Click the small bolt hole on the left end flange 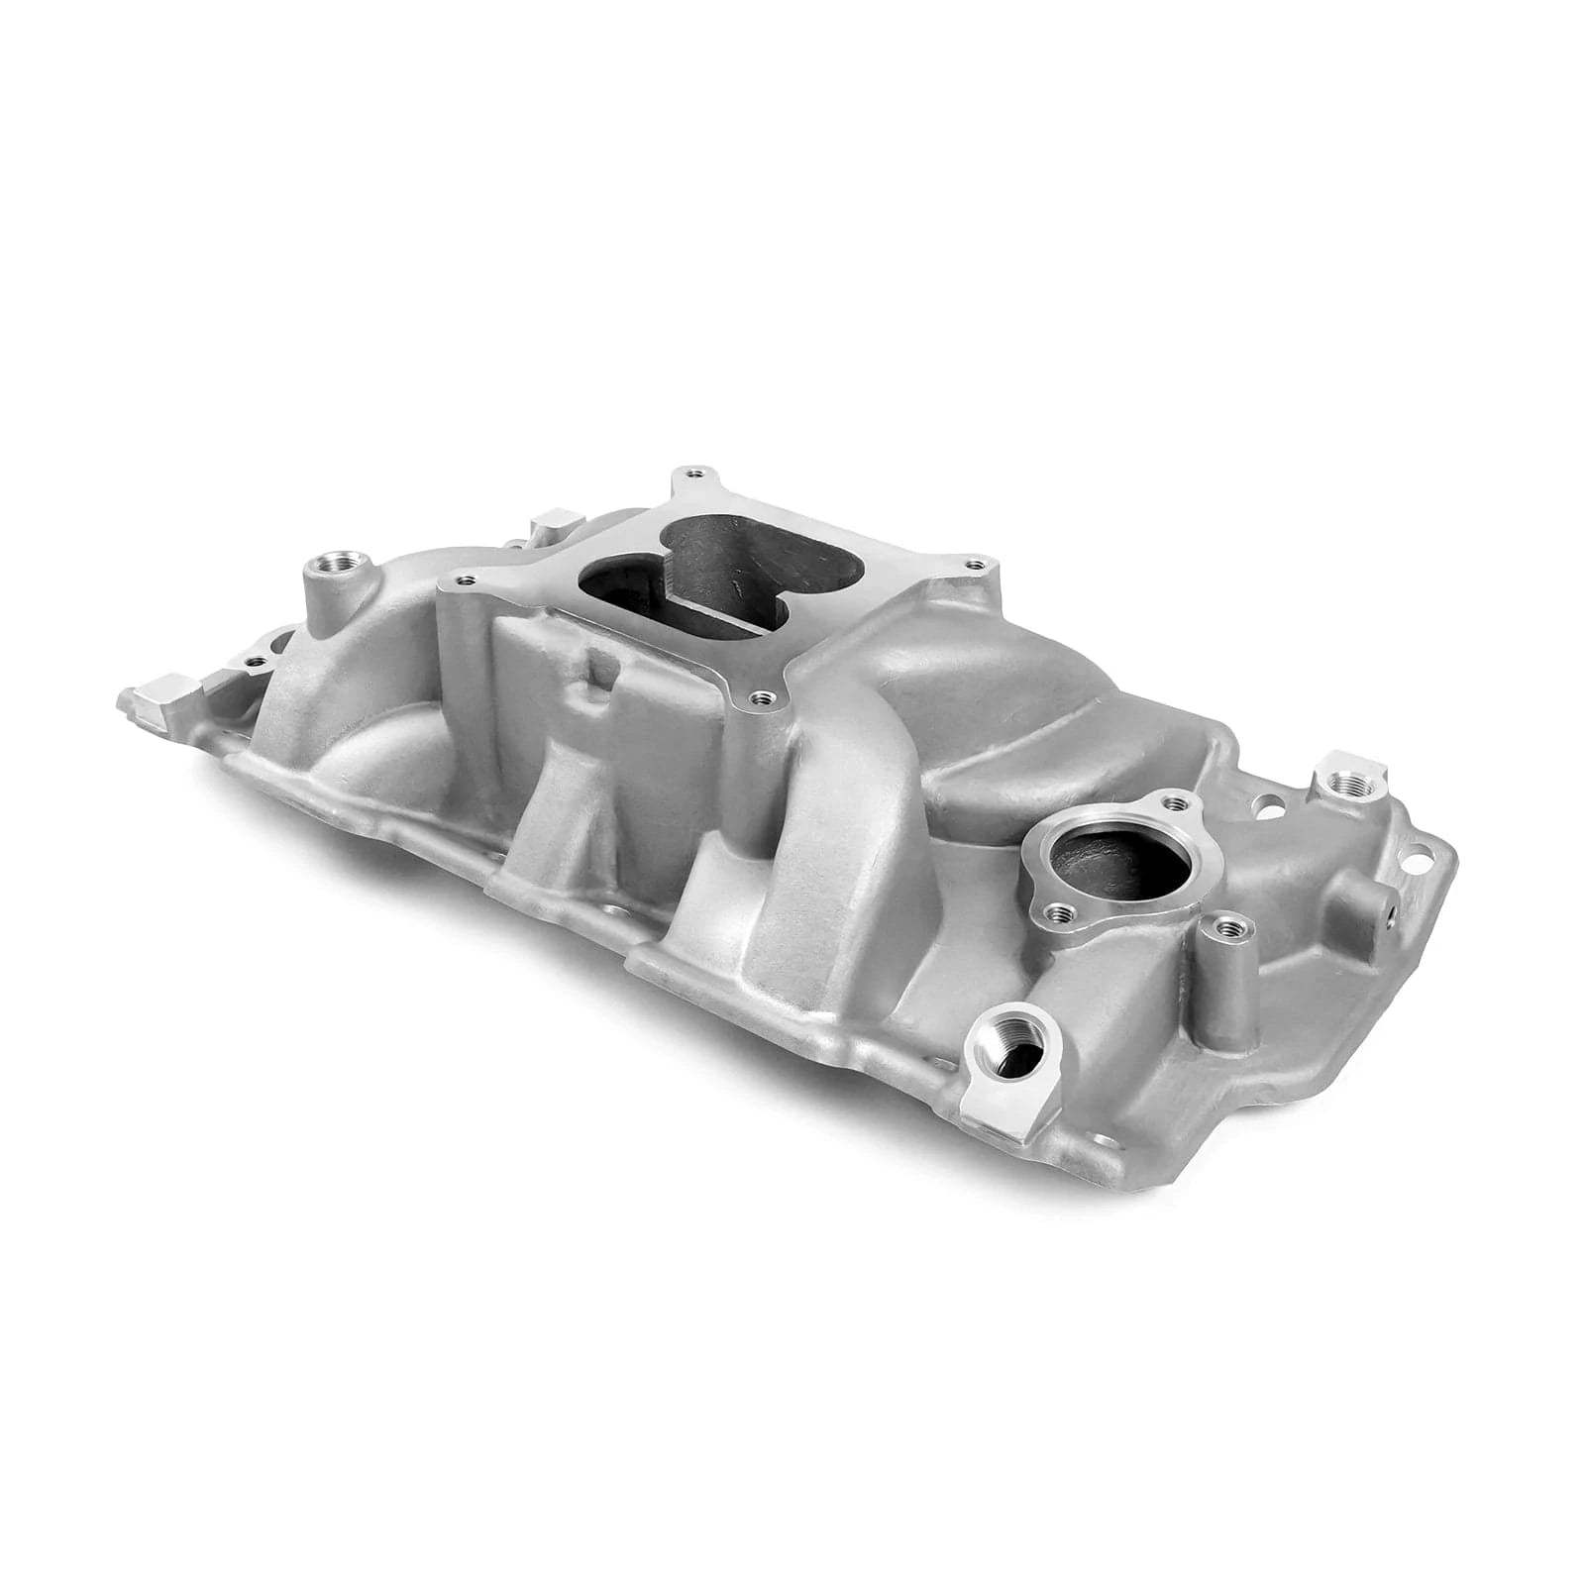(256, 660)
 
